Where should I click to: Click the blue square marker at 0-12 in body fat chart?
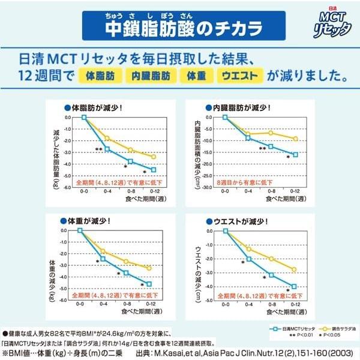pos(154,170)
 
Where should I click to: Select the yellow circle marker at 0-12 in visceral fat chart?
pos(295,139)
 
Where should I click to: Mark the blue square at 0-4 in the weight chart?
pos(103,259)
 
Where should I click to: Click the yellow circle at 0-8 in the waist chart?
pos(272,259)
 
